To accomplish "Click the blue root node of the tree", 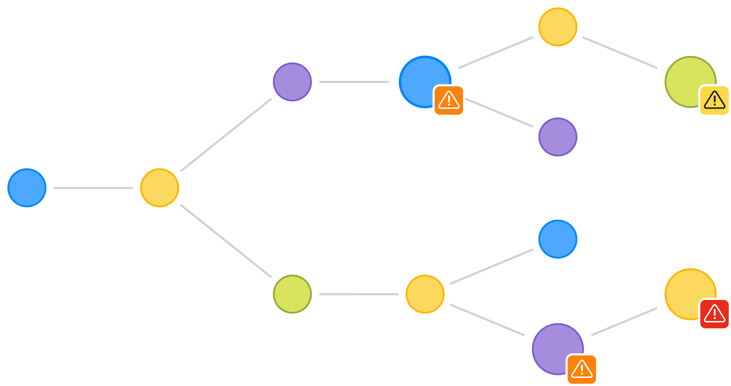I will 27,188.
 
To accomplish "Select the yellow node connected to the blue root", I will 160,188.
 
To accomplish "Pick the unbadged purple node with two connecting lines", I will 292,82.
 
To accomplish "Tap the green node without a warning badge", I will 292,294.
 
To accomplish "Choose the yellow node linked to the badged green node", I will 558,27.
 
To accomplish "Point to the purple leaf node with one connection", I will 558,137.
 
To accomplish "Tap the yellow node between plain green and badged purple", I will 425,294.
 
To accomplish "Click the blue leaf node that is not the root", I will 558,239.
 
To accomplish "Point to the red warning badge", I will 714,314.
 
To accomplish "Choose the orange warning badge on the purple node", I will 582,369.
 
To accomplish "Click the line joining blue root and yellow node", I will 93,188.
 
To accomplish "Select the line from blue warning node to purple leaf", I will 499,112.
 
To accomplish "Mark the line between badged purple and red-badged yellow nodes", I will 624,322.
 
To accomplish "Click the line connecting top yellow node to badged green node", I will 620,53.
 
